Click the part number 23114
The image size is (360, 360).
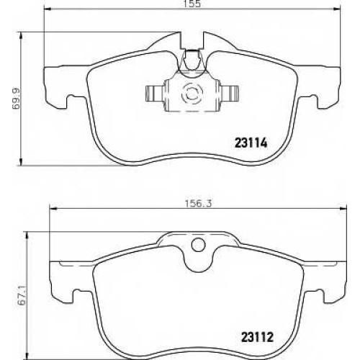click(x=251, y=143)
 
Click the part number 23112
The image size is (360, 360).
click(x=257, y=337)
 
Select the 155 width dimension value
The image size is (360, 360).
click(x=193, y=4)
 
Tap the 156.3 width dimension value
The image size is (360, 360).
click(x=198, y=204)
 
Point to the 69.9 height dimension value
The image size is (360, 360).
click(x=17, y=99)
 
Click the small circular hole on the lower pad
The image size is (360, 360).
click(x=199, y=244)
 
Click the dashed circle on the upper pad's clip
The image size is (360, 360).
click(x=192, y=94)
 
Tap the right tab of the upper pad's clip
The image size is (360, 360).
click(x=230, y=94)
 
